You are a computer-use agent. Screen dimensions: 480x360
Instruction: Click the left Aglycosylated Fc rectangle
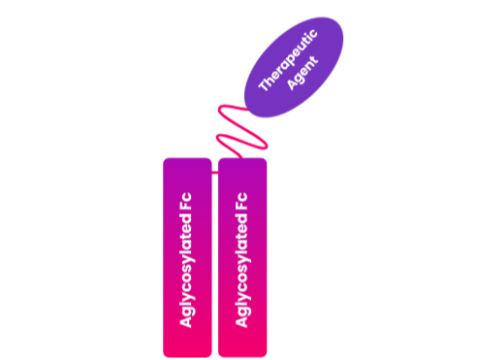coord(187,256)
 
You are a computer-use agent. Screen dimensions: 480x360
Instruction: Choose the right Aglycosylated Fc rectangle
coord(242,256)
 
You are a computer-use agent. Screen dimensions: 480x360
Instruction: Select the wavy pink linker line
coord(233,126)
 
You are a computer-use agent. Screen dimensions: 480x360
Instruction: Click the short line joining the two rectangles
coord(215,176)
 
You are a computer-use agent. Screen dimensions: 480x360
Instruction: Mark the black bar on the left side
coord(36,180)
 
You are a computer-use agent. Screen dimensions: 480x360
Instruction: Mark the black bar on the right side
coord(443,180)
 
